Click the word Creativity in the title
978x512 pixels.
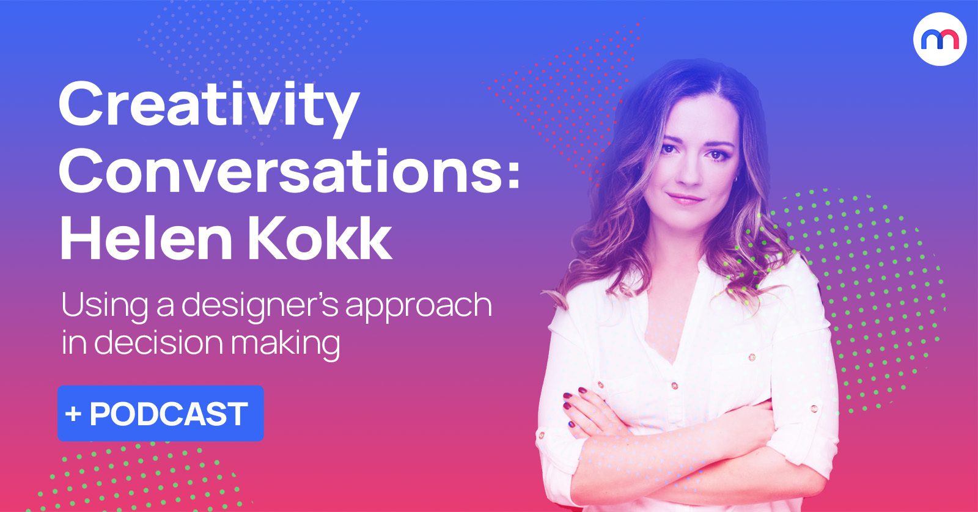(x=208, y=109)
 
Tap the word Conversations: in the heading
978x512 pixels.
(x=289, y=171)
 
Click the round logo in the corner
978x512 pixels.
(x=940, y=39)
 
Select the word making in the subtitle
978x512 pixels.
(x=285, y=344)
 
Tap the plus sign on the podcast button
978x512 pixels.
(x=73, y=414)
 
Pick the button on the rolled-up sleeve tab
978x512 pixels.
(x=814, y=409)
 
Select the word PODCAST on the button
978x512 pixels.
(x=169, y=414)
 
